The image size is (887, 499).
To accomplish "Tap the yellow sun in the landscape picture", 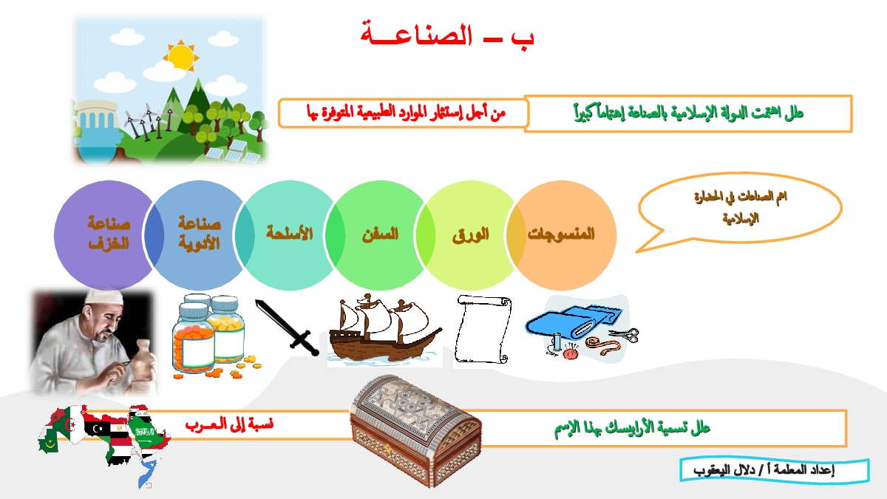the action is click(181, 56).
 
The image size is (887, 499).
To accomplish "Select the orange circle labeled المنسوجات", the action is click(562, 236).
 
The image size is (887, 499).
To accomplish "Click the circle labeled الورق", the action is click(471, 236).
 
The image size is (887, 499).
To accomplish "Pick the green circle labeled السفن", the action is click(380, 236).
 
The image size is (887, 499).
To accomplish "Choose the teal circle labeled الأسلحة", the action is click(290, 236).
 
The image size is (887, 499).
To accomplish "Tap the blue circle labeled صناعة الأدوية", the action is click(199, 236).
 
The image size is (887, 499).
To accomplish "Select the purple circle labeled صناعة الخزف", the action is click(109, 236).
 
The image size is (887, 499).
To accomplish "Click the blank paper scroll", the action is click(483, 329).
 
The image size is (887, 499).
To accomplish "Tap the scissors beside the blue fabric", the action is click(625, 335).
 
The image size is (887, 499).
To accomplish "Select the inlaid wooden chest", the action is click(415, 430).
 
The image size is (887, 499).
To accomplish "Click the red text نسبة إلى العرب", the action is click(229, 424).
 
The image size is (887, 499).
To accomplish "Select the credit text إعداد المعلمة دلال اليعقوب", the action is click(764, 470).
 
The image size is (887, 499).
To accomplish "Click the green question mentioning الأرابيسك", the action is click(632, 428).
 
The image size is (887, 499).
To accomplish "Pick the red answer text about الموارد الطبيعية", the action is click(406, 113).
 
